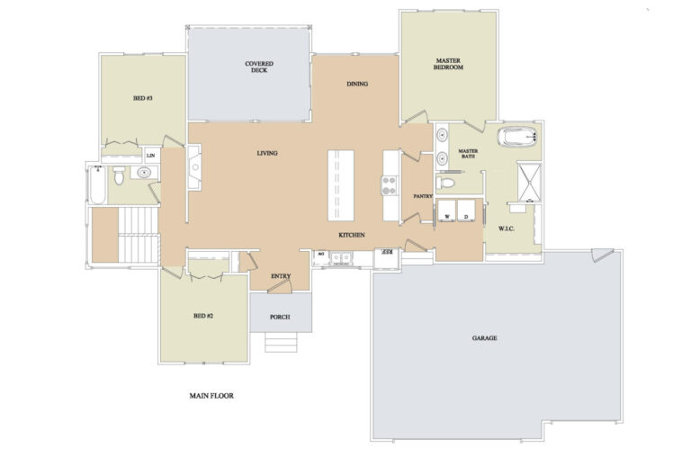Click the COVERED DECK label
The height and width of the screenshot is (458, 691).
tap(259, 67)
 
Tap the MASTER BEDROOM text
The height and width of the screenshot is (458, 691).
tap(447, 64)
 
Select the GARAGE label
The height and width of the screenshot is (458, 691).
tap(485, 338)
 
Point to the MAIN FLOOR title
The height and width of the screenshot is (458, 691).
tap(211, 395)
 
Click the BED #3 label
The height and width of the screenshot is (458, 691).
tap(142, 98)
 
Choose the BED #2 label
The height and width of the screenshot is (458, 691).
tap(202, 316)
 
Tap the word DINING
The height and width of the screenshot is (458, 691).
tap(357, 85)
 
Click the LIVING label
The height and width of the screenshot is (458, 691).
tap(266, 153)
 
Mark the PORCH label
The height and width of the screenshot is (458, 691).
tap(280, 317)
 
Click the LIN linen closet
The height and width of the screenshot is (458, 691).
tap(149, 156)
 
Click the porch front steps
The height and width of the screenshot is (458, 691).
tap(280, 342)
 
